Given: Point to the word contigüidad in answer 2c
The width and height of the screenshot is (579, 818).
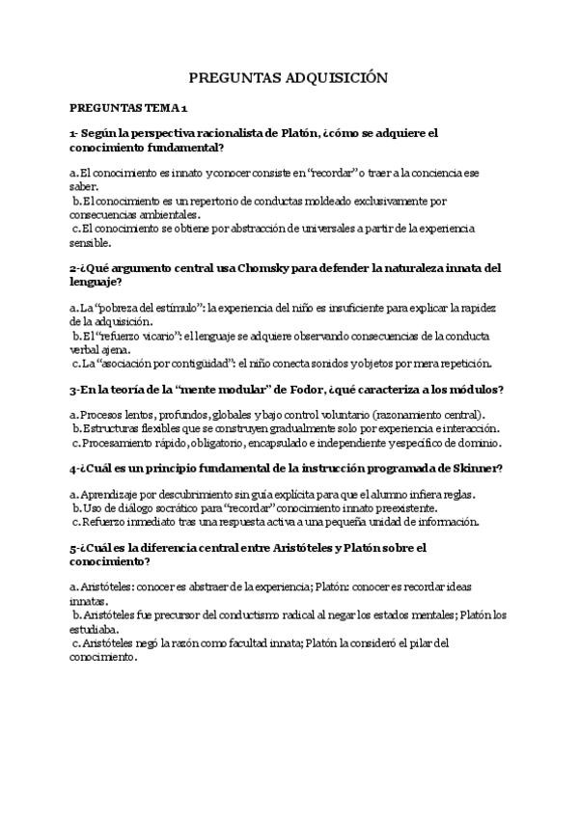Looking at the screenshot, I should (x=202, y=364).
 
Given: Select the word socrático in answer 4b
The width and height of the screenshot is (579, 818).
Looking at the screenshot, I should (x=192, y=507).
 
